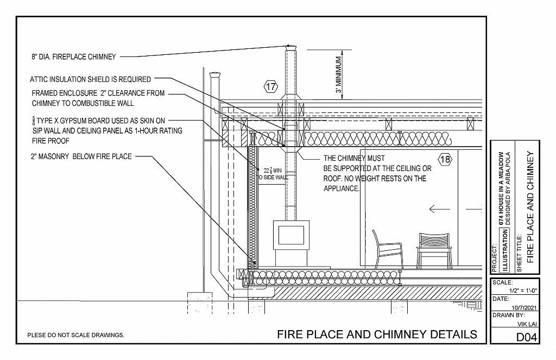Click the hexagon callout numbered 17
pyautogui.click(x=271, y=86)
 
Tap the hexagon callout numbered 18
pyautogui.click(x=445, y=160)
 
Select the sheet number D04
pyautogui.click(x=526, y=338)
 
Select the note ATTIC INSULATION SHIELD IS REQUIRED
pyautogui.click(x=91, y=79)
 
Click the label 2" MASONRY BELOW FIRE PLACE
pyautogui.click(x=81, y=157)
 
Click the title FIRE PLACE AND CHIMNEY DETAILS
pyautogui.click(x=377, y=334)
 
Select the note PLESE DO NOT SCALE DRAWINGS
pyautogui.click(x=76, y=335)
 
